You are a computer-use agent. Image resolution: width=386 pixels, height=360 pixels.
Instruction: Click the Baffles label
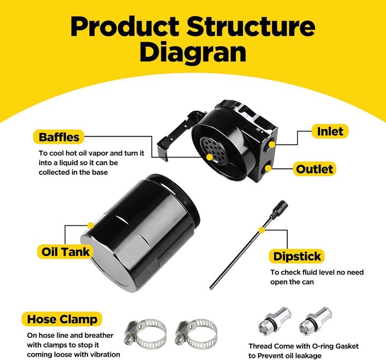coord(59,137)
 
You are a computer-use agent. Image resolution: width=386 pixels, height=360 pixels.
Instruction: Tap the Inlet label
coord(330,132)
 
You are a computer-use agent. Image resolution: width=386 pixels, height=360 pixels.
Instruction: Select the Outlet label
coord(314,169)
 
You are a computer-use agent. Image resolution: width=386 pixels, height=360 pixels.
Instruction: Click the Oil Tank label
coord(65,251)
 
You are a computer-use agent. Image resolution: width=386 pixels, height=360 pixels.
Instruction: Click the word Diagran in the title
coord(193,52)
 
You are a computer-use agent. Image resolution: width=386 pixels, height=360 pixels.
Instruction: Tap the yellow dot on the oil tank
coord(91,225)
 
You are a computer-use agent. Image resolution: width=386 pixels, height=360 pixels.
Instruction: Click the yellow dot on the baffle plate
coord(209,156)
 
